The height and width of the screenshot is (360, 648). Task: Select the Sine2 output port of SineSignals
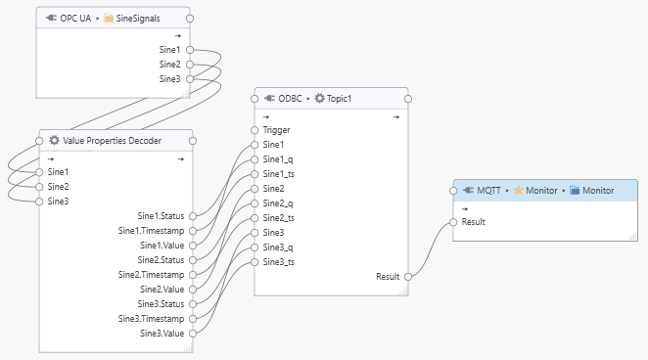189,64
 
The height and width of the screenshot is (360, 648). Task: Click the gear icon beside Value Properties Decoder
54,140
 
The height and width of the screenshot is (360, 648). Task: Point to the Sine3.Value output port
193,334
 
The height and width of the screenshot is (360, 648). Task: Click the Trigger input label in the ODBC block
276,129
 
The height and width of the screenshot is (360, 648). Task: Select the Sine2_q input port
255,203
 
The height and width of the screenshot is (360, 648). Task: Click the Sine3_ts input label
279,262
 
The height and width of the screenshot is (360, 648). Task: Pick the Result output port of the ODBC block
408,277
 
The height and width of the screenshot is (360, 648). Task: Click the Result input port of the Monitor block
452,222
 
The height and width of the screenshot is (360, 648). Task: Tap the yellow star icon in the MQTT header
517,190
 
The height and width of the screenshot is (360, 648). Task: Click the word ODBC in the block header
290,98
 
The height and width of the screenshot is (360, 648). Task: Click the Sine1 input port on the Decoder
39,171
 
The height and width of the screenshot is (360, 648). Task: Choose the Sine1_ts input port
255,174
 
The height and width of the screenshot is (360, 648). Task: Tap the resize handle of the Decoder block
190,347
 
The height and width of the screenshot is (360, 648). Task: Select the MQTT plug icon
468,190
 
